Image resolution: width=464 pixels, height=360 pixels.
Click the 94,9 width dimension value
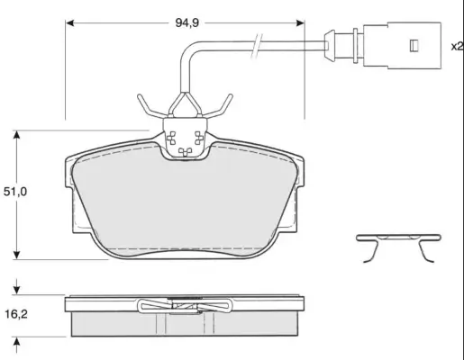tap(187, 22)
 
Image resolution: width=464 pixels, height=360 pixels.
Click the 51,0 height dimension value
tap(15, 192)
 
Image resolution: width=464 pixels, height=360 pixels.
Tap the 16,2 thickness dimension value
tap(16, 314)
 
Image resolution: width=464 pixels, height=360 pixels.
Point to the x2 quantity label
tap(457, 46)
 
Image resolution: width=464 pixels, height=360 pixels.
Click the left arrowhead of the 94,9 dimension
tap(69, 23)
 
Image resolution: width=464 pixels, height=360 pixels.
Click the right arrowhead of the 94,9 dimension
tap(300, 23)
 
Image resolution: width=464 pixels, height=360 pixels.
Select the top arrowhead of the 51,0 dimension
tap(17, 135)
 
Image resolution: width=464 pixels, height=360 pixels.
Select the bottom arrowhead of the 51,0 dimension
tap(17, 255)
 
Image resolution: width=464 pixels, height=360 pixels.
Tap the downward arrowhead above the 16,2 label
tap(17, 290)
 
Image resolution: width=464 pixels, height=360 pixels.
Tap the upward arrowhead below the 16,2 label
tap(17, 341)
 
